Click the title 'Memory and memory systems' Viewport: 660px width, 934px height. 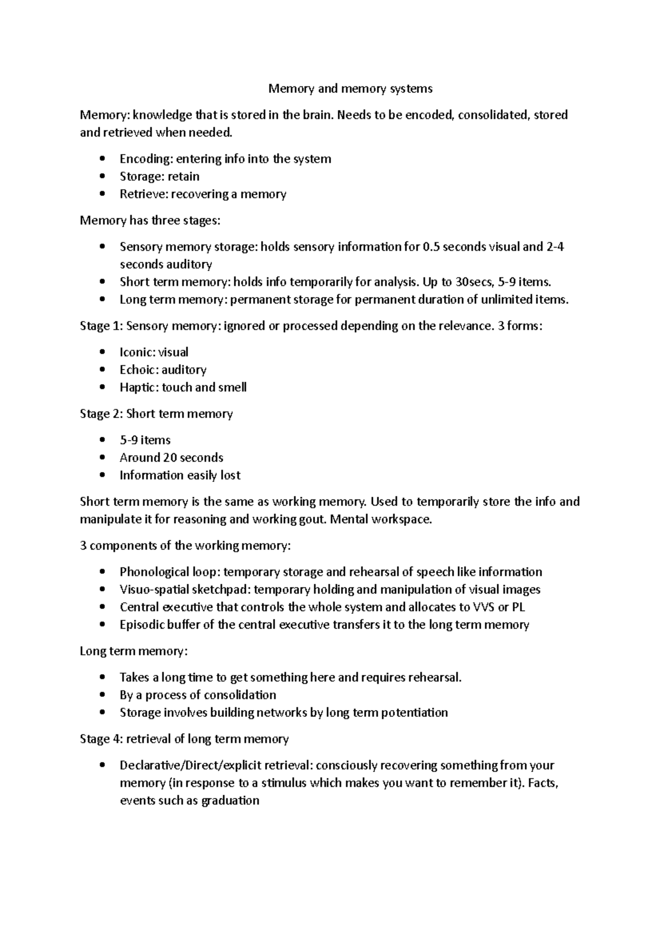(350, 89)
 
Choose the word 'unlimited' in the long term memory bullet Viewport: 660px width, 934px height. (507, 300)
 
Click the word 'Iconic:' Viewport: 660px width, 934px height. (137, 353)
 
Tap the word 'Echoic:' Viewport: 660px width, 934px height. (139, 370)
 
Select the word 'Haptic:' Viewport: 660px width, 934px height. (139, 388)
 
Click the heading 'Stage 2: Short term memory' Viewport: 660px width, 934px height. (156, 414)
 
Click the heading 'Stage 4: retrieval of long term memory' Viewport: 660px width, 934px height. (184, 739)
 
